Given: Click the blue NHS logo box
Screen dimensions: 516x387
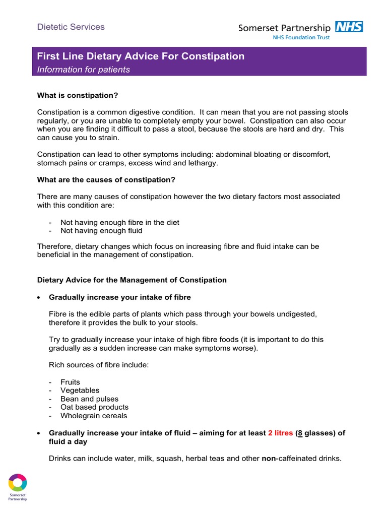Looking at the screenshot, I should click(349, 27).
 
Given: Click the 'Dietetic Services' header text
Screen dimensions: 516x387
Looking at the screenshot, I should click(71, 27).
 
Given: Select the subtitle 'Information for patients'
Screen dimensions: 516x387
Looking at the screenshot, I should click(84, 70).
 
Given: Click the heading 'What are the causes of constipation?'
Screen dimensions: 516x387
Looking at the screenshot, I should click(106, 179).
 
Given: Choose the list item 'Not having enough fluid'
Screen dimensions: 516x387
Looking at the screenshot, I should click(101, 230).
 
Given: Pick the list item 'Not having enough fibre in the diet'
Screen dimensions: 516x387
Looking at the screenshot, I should click(119, 222).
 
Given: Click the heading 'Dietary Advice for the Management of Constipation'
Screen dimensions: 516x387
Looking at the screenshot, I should click(132, 280).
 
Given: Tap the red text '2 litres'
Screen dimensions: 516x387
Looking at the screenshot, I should click(280, 433).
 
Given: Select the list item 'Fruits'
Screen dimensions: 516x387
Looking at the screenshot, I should click(70, 382).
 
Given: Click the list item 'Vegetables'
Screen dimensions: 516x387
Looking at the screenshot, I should click(80, 390).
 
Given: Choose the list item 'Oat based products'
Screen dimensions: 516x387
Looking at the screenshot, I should click(94, 407).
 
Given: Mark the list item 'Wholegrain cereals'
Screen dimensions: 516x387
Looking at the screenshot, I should click(93, 416).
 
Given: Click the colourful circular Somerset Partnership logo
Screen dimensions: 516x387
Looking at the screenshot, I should click(18, 482).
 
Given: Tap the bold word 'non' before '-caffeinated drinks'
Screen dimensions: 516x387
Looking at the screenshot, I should click(269, 458).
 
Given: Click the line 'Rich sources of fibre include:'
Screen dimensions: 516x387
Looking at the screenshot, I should click(99, 365).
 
